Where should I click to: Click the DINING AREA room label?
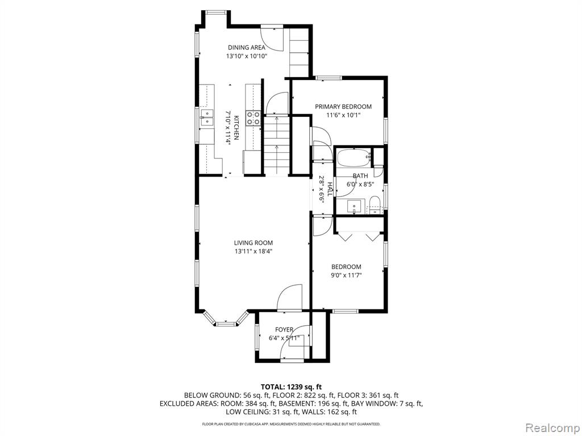point(247,48)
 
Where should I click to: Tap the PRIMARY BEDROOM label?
point(343,107)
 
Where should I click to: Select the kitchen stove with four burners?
point(253,118)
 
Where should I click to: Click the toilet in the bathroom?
point(375,206)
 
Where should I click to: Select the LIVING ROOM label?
point(253,243)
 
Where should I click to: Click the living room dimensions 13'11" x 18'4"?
point(253,251)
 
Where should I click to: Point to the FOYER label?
point(284,330)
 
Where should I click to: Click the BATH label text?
point(360,176)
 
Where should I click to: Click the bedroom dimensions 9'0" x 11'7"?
point(346,275)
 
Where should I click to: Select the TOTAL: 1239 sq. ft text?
point(292,387)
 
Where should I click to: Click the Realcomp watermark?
point(552,428)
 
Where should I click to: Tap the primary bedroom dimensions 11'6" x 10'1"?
point(343,115)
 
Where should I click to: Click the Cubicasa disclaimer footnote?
point(291,424)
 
